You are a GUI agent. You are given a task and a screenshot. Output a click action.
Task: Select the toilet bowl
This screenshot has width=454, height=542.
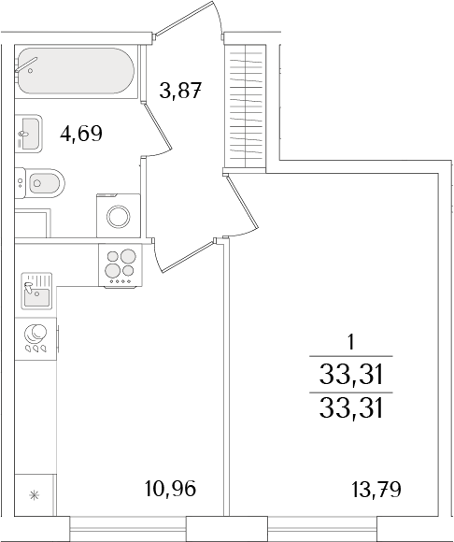[x=43, y=180]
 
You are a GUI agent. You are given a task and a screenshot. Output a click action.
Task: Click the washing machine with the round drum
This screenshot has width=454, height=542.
[x=118, y=216]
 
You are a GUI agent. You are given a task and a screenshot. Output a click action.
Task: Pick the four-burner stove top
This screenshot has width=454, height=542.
[x=119, y=264]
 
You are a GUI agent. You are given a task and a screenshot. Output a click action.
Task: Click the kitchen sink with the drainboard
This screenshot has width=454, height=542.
[x=35, y=291]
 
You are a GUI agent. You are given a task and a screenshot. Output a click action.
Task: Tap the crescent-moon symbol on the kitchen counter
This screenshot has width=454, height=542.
[x=35, y=335]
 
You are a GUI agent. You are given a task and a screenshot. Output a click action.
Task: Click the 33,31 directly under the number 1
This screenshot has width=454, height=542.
[x=351, y=376]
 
